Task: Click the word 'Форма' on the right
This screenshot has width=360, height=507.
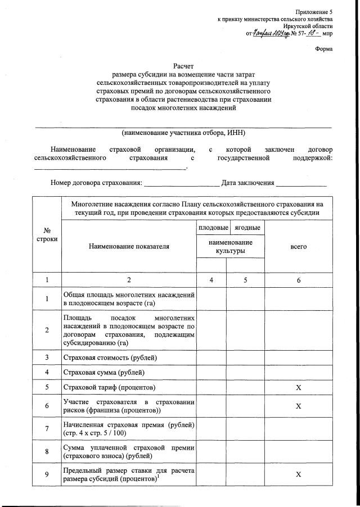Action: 323,48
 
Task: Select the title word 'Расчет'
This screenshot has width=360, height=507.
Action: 183,66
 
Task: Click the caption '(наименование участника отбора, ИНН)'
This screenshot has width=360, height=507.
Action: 183,133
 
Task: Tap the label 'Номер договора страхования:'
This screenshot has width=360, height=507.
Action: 96,183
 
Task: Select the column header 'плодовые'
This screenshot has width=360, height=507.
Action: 211,228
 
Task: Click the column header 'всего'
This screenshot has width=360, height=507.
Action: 298,247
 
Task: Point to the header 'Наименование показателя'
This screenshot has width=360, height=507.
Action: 128,247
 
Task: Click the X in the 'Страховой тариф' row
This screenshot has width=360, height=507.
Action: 299,388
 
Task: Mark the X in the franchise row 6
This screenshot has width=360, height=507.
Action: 299,406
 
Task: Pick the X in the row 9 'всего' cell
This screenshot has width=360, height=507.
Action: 299,474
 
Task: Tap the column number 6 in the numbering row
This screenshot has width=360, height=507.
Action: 299,279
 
